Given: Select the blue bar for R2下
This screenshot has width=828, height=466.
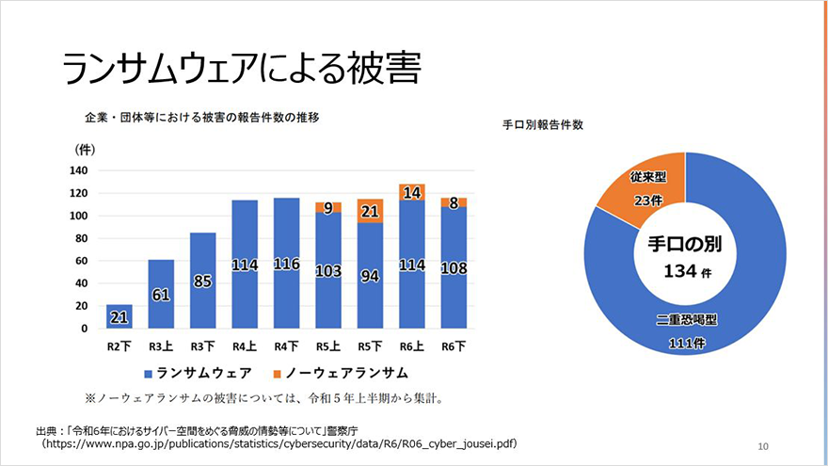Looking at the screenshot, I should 119,316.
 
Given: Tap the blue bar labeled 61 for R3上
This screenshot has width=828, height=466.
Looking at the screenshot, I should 161,294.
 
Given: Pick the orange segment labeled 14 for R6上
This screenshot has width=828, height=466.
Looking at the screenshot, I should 412,192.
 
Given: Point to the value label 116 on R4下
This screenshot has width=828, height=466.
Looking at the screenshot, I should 287,265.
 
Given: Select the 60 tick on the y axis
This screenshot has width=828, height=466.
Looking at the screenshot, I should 81,261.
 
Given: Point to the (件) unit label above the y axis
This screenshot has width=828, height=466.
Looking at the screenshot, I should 84,150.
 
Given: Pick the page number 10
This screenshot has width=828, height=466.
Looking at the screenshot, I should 763,445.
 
